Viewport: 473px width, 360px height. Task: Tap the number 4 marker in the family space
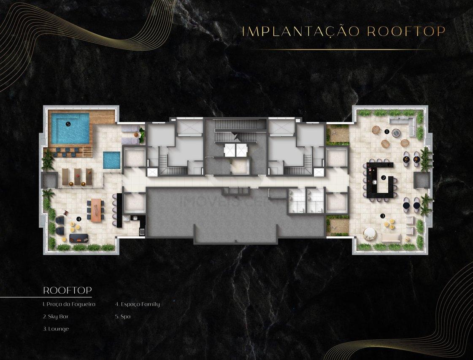tap(79, 219)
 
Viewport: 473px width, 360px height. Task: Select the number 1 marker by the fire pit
tap(387, 132)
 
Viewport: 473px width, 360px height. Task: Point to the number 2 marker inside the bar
tap(384, 178)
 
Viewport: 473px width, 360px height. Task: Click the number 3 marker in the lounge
tap(383, 216)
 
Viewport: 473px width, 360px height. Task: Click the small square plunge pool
tap(112, 160)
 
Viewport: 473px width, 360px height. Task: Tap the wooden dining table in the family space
tap(96, 210)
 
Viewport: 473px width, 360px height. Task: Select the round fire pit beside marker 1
tap(396, 133)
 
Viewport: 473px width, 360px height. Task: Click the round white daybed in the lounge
tap(370, 233)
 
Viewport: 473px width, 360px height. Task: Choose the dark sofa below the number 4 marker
tap(79, 238)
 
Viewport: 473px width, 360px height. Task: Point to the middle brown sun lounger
tap(78, 177)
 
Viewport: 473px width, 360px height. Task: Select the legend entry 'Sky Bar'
tap(55, 317)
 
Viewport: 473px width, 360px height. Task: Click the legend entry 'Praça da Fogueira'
tap(69, 304)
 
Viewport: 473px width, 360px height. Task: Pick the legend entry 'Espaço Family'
tap(137, 304)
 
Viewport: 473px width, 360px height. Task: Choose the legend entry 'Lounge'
tap(56, 329)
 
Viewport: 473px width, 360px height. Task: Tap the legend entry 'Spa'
tap(123, 317)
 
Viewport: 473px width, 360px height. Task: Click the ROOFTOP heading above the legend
tap(67, 290)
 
